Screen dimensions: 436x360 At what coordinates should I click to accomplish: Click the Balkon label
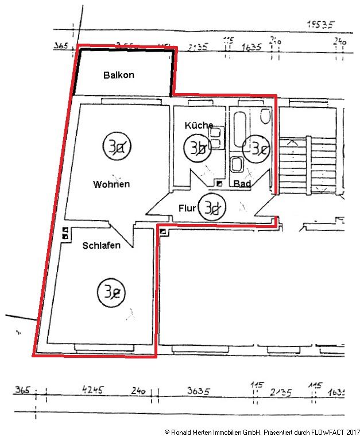point(119,75)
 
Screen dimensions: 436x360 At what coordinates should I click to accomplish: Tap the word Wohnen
point(111,184)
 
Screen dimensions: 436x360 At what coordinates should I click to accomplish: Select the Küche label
point(199,125)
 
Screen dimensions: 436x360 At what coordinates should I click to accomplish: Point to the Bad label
point(242,184)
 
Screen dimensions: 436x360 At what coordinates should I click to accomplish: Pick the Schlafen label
point(101,246)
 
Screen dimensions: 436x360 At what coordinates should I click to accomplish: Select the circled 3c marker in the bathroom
point(254,148)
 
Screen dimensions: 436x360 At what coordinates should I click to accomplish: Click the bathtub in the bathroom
point(239,131)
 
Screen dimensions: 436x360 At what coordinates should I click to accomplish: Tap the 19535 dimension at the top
point(320,24)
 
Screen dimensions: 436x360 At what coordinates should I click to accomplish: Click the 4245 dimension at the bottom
point(93,391)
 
